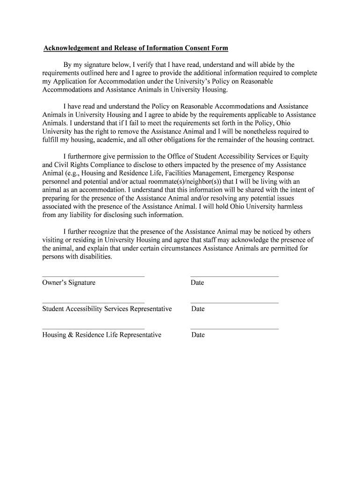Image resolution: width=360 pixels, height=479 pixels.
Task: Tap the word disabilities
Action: point(96,257)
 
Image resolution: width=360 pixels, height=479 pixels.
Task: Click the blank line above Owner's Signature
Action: point(93,276)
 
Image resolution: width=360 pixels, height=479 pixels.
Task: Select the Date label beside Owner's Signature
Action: point(197,283)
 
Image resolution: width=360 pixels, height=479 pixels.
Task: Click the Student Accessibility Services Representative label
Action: point(107,309)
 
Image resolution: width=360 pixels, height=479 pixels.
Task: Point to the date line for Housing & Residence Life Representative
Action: point(235,328)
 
